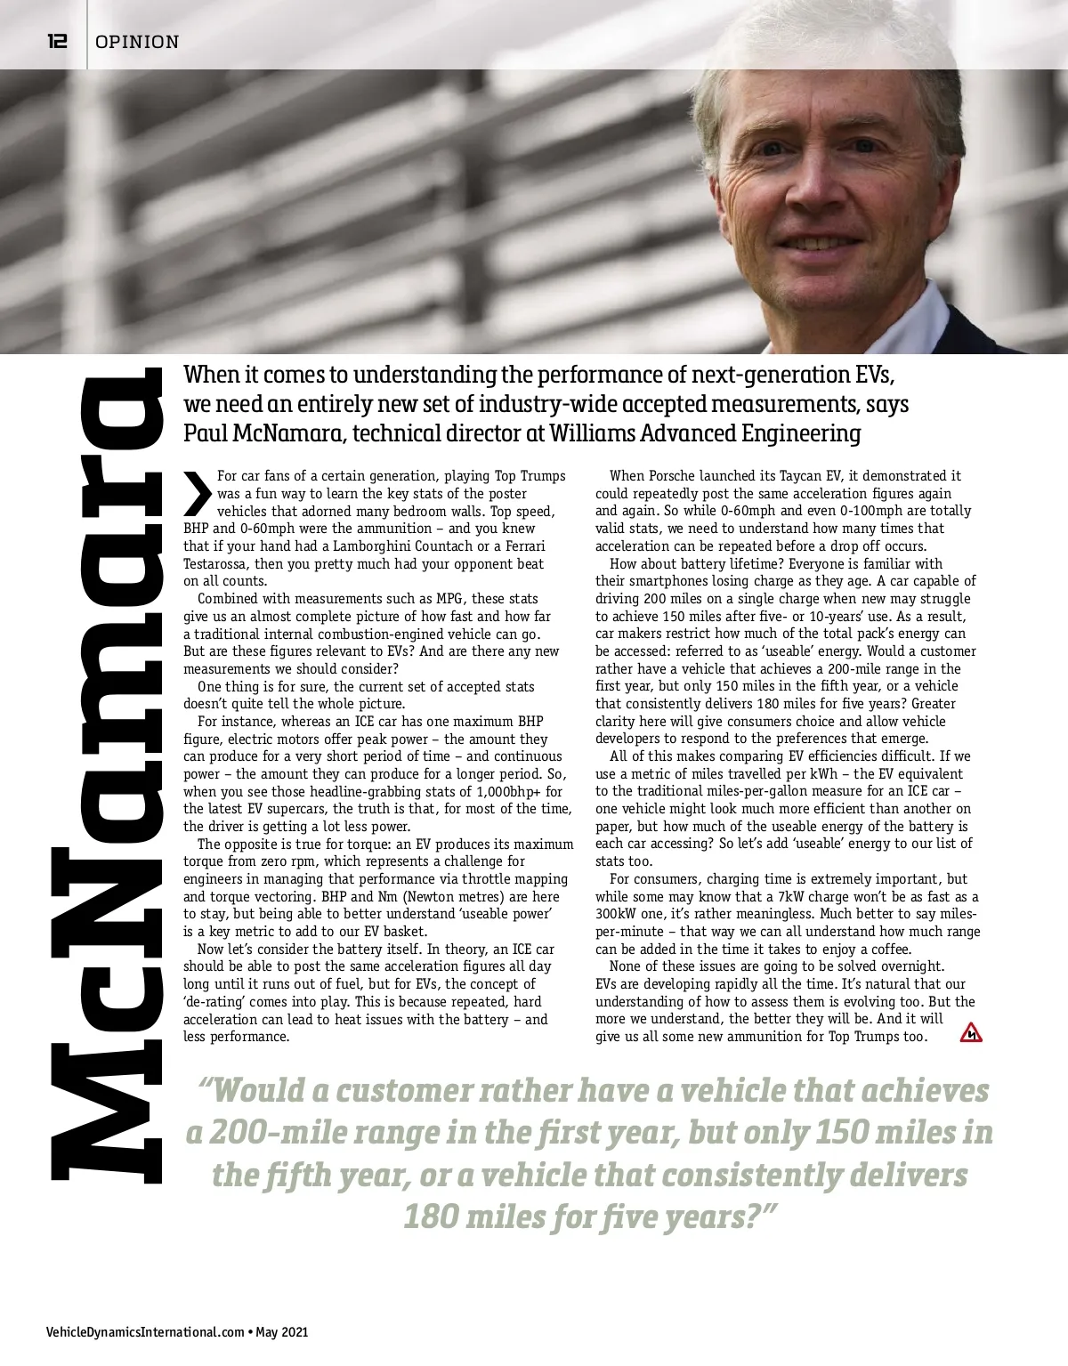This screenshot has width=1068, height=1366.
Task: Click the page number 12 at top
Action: pyautogui.click(x=57, y=41)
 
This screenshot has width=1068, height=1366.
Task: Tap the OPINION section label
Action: pyautogui.click(x=137, y=42)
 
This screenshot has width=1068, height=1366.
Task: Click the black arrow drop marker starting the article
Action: pyautogui.click(x=197, y=493)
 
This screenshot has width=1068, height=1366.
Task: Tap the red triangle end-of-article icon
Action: pyautogui.click(x=971, y=1033)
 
